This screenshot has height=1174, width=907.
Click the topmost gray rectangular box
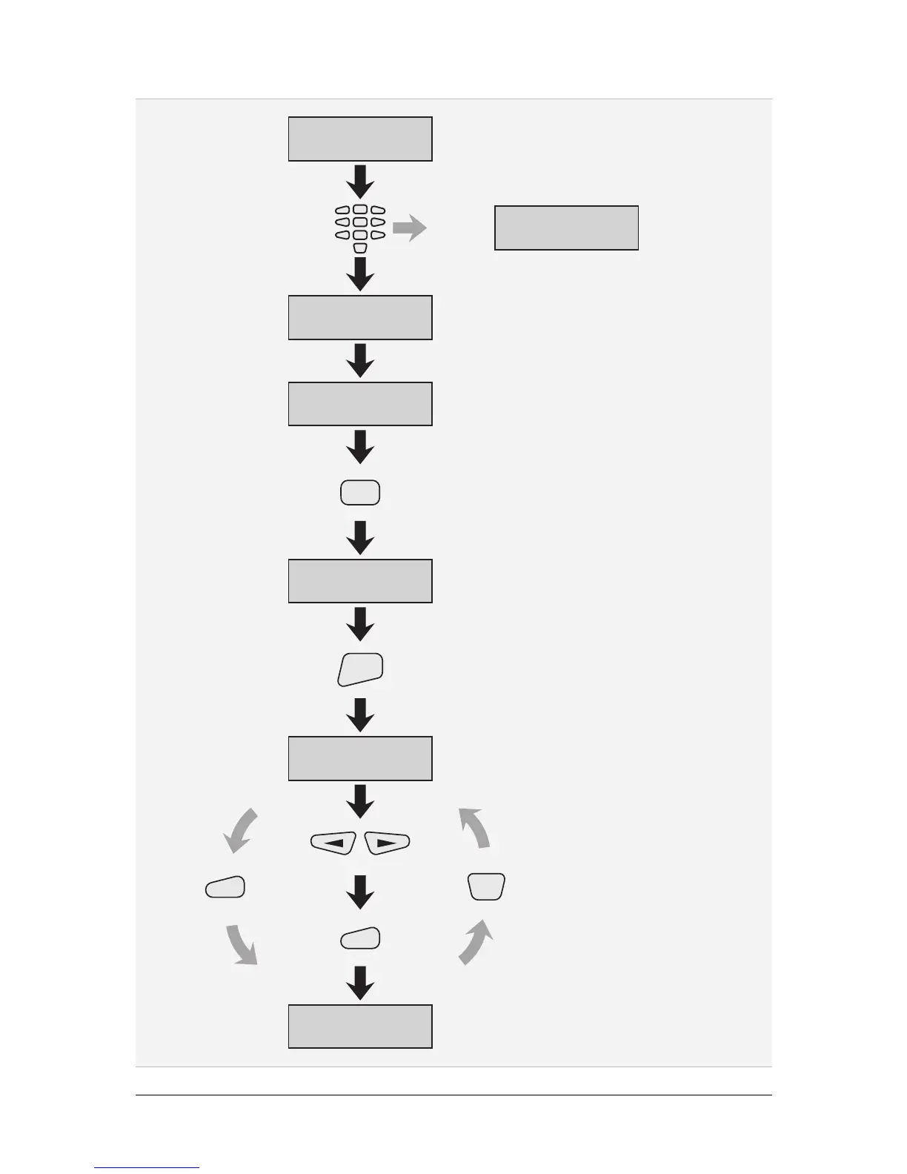click(360, 139)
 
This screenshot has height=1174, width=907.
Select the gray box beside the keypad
click(566, 228)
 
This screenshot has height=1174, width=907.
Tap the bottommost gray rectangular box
click(360, 1027)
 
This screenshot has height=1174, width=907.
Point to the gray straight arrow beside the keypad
click(409, 229)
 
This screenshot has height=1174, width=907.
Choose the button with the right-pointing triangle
click(388, 843)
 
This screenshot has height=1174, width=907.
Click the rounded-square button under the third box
click(360, 493)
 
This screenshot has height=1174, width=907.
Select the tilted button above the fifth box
click(360, 669)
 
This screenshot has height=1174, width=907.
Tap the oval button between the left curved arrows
click(225, 887)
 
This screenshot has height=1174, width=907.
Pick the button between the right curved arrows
click(487, 886)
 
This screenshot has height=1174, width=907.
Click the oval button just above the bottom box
click(360, 938)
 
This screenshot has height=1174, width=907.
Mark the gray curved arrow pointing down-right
click(242, 944)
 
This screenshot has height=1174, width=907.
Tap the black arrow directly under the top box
click(360, 182)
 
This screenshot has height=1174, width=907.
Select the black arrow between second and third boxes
click(360, 361)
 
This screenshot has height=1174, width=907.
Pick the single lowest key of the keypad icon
click(360, 248)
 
